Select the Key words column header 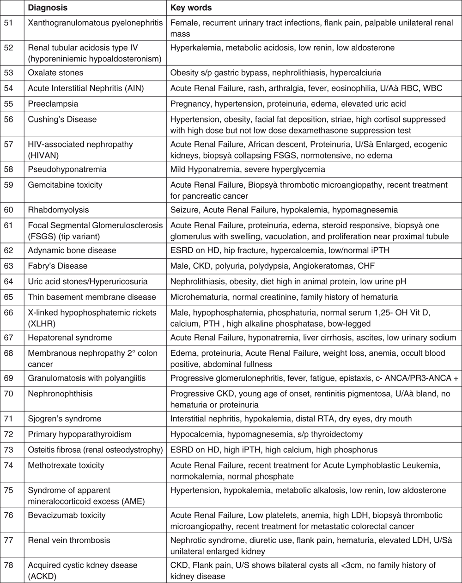[191, 8]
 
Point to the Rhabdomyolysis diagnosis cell [57, 210]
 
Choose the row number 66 [8, 313]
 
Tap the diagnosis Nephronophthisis [60, 394]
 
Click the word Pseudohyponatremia [67, 169]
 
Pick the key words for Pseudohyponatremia [248, 169]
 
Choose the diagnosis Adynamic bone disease [72, 250]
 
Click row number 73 [8, 450]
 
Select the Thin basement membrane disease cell [92, 297]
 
